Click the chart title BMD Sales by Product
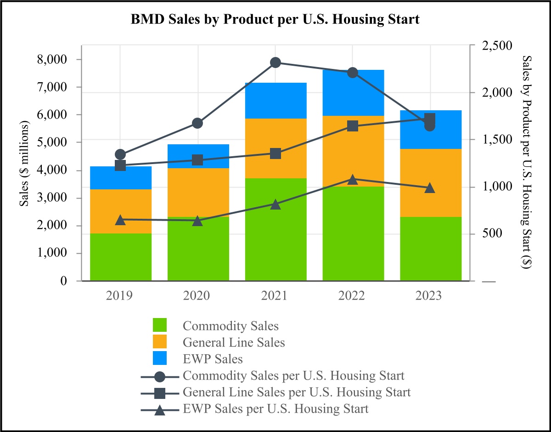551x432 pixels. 275,20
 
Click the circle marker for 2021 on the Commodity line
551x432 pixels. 275,63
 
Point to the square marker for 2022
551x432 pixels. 353,126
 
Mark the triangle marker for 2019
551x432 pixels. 120,220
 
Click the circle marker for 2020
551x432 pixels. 198,123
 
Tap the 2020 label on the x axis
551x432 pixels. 198,296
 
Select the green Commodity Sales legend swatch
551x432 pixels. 160,326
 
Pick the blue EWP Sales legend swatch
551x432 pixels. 160,358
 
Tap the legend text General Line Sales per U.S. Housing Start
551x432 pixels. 297,392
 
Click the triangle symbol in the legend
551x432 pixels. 160,409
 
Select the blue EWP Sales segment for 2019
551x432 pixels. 120,178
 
